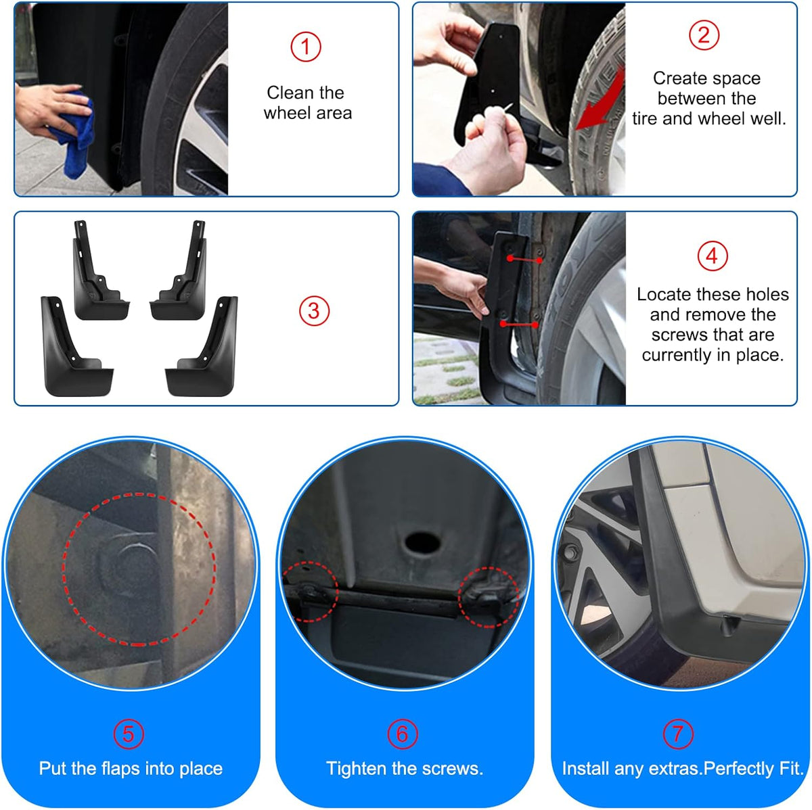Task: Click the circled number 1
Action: click(305, 47)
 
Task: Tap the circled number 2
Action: click(704, 35)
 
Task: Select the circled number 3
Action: click(314, 311)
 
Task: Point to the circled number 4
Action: click(712, 256)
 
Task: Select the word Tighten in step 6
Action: click(357, 769)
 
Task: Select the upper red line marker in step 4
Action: click(524, 260)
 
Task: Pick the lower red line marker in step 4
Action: click(519, 325)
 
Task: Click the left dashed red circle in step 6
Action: click(311, 592)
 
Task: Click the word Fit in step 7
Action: click(791, 769)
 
